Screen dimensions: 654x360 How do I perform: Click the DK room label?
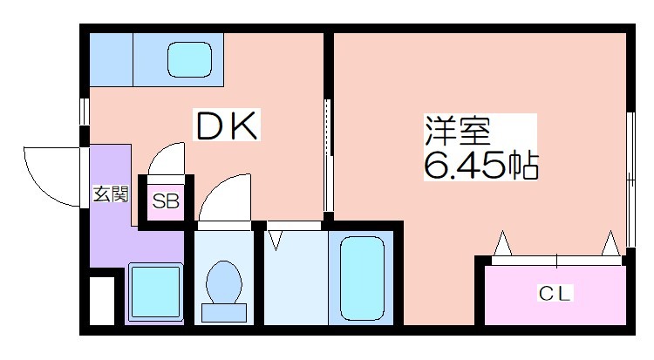tap(227, 126)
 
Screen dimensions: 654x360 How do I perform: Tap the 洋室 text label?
tap(457, 130)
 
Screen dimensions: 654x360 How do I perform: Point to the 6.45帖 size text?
tap(480, 166)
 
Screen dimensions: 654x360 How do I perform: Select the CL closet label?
tap(554, 293)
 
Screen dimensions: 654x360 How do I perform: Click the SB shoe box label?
tap(166, 201)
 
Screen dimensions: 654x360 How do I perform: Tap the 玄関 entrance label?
tap(111, 194)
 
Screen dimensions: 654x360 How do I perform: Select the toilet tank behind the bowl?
tap(224, 313)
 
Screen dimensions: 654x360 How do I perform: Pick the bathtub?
tap(362, 278)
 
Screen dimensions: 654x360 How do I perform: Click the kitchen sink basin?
tap(189, 59)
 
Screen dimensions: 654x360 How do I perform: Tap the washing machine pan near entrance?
tap(156, 292)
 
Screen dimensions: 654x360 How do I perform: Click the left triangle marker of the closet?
tap(502, 243)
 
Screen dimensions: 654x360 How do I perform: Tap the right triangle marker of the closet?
tap(611, 243)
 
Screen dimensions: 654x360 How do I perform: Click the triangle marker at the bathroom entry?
tap(276, 241)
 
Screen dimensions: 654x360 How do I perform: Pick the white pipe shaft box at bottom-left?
tap(102, 301)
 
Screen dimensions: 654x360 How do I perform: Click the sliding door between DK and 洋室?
tap(328, 155)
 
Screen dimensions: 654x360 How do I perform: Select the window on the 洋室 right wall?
tap(630, 180)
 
